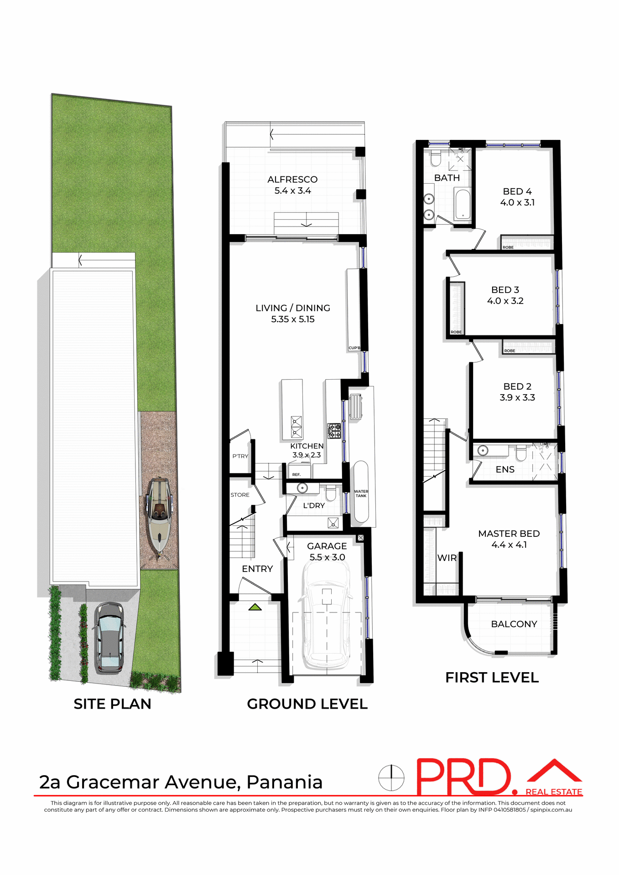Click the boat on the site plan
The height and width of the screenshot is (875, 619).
coord(159,515)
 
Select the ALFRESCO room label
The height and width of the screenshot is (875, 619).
coord(292,180)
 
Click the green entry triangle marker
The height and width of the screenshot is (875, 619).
coord(255,607)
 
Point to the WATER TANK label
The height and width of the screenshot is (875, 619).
coord(361,494)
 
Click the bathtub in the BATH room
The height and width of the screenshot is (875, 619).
coord(463,205)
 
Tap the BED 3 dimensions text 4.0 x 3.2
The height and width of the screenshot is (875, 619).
coord(505,301)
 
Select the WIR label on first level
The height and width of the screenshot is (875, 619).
coord(447,558)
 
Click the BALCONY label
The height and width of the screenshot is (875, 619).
coord(514,624)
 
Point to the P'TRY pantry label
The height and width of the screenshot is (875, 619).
coord(240,456)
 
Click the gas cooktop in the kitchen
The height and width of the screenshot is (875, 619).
coord(334,431)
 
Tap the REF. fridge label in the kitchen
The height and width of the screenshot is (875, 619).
coord(296,475)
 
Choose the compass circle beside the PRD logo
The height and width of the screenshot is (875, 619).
coord(391,777)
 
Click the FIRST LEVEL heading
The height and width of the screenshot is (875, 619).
coord(492,678)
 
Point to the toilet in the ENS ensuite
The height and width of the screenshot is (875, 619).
coord(520,453)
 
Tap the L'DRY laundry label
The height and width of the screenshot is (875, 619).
coord(314,506)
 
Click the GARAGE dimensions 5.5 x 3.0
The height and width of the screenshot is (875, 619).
coord(327,557)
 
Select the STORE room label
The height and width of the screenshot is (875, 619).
coord(240,495)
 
